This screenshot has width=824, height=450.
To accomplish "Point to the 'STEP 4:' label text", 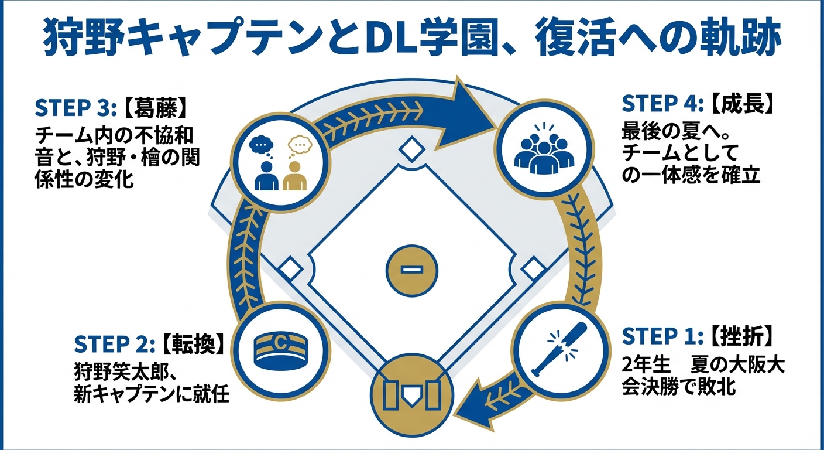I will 661,104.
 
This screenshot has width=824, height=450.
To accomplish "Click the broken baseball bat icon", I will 557,349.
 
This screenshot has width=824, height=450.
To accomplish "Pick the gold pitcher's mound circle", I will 412,270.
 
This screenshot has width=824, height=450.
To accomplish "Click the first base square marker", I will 532,270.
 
